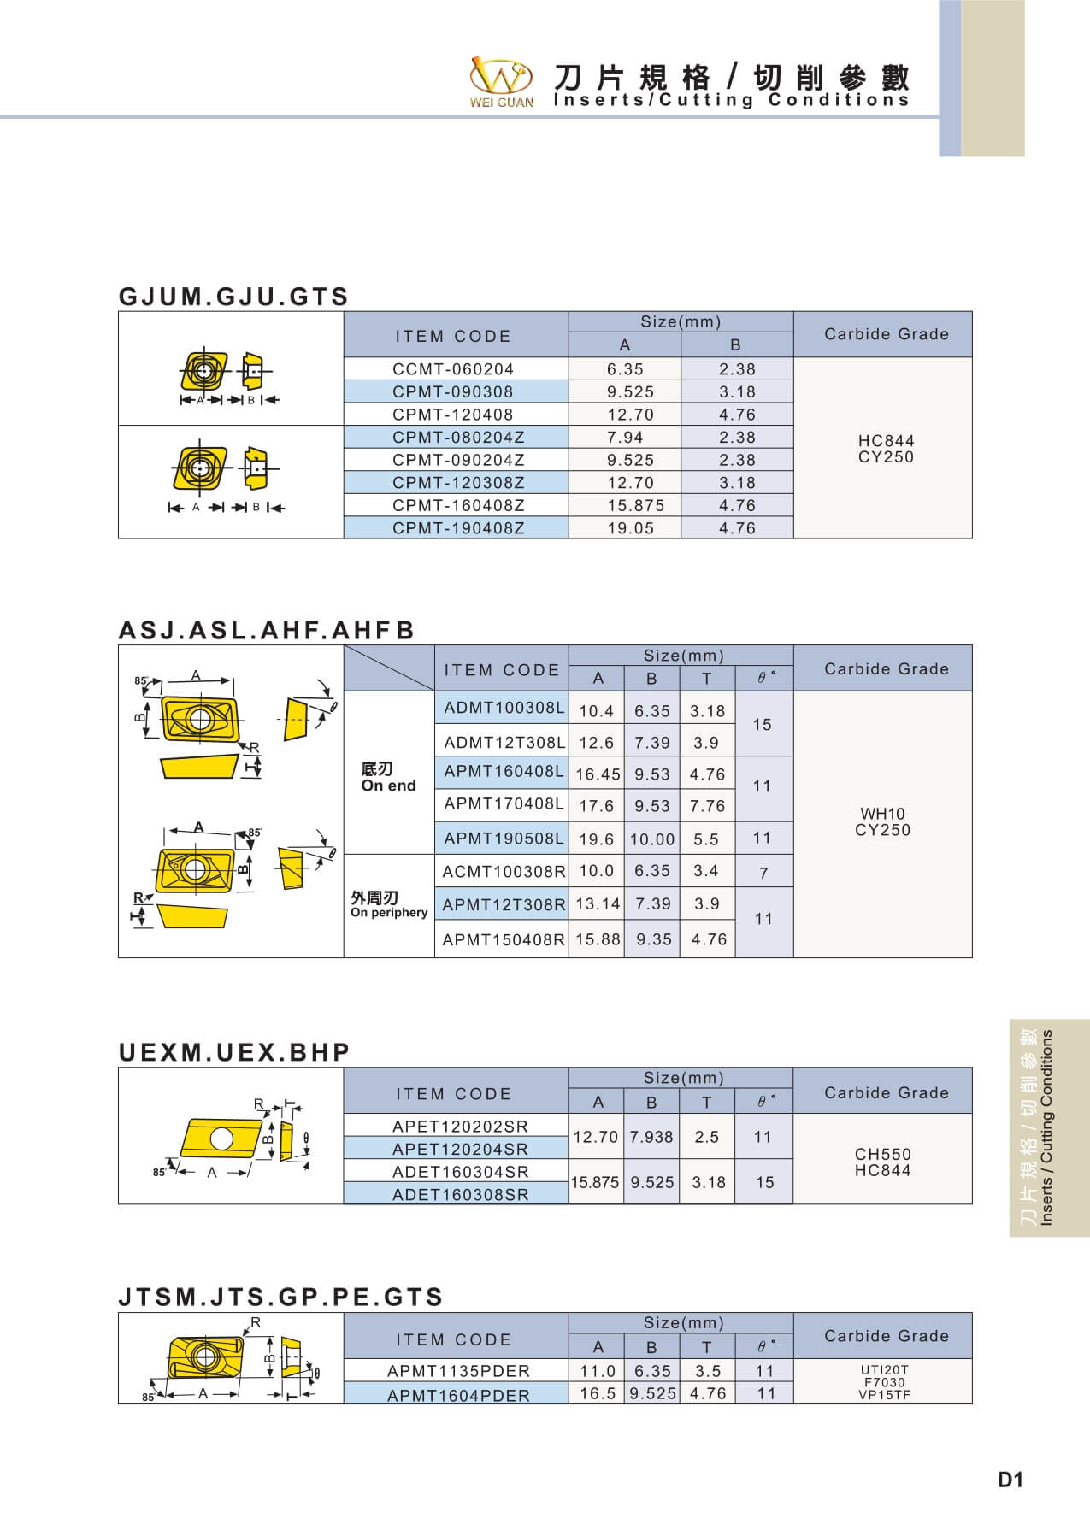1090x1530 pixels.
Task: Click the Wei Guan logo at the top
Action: point(502,81)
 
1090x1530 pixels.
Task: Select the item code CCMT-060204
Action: point(453,369)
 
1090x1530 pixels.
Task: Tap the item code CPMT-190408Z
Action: point(458,528)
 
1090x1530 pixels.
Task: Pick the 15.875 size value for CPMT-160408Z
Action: point(635,505)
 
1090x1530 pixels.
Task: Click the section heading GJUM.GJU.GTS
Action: point(233,297)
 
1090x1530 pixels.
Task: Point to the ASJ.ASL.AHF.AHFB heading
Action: point(267,630)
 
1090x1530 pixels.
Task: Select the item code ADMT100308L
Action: point(504,709)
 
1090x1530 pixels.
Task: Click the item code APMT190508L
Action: point(504,839)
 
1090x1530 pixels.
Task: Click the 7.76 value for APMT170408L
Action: point(707,806)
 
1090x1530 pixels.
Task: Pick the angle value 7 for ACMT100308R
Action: point(763,873)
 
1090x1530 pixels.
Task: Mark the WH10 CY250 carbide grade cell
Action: point(882,821)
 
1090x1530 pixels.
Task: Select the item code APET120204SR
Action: point(460,1150)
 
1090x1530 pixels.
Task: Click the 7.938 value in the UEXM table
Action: point(651,1138)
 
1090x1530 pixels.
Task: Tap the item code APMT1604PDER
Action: point(458,1396)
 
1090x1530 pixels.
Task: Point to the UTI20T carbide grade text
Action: point(884,1370)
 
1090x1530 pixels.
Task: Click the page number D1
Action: point(1010,1480)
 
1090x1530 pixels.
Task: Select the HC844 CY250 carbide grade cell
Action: point(886,449)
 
